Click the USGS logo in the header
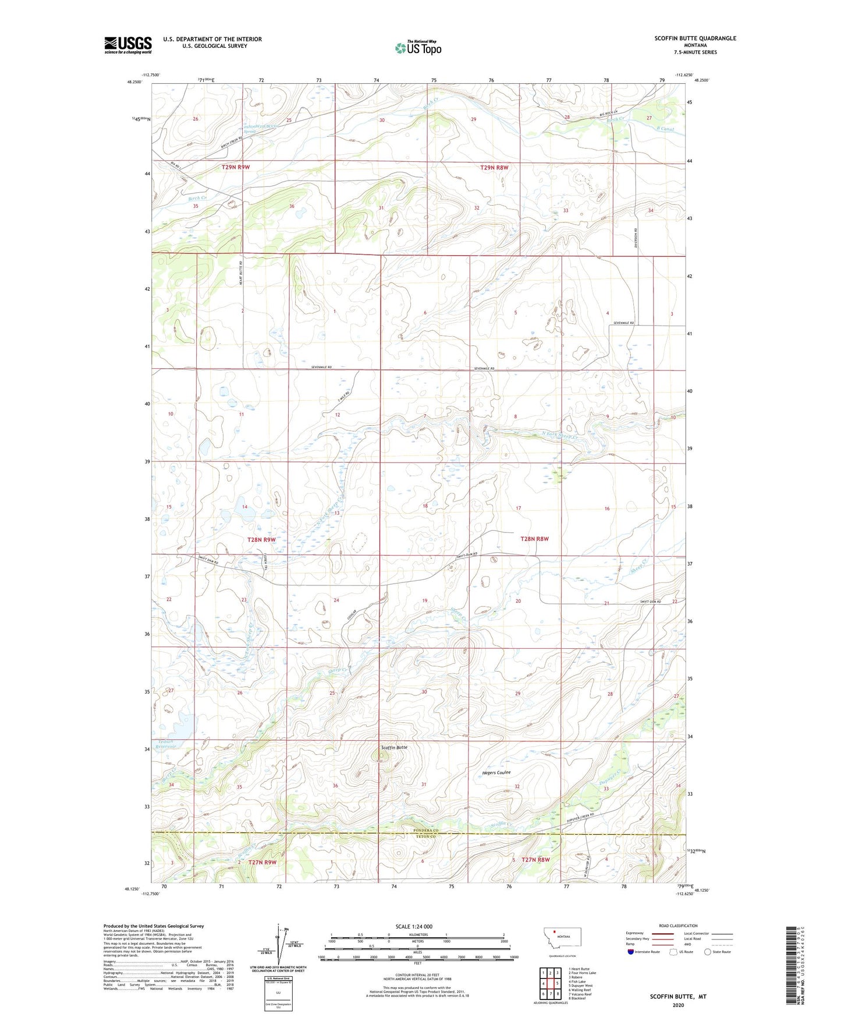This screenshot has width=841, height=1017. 127,45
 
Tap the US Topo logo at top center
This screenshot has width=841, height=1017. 418,48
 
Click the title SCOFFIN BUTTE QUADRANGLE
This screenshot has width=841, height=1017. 695,38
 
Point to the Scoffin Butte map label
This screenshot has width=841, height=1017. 395,747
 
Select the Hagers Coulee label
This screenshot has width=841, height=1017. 496,772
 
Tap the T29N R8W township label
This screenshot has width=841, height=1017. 494,167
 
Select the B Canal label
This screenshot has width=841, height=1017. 665,129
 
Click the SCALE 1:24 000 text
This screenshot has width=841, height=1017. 414,926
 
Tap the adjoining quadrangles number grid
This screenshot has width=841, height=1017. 550,984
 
